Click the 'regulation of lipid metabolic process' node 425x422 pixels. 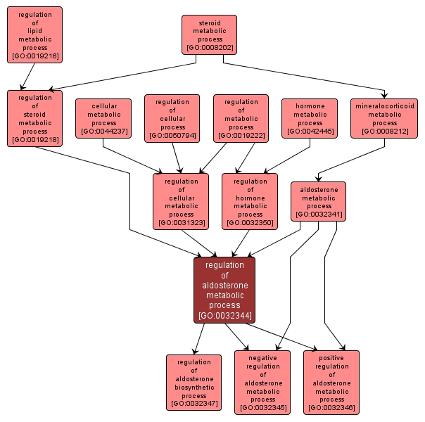[35, 34]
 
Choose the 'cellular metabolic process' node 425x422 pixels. [103, 118]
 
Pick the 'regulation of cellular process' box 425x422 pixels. [172, 117]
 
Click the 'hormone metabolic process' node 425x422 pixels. [310, 118]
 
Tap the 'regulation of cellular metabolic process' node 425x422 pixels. [181, 201]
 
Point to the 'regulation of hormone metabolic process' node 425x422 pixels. [250, 201]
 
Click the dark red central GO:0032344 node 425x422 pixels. [224, 290]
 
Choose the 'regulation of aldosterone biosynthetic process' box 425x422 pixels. [194, 382]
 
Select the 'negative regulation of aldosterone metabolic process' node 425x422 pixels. [262, 382]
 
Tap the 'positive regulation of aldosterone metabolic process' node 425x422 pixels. [331, 382]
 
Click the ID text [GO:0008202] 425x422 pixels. [209, 49]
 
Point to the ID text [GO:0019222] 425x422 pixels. [241, 136]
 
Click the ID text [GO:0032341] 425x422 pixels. [319, 214]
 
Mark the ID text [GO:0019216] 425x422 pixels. [35, 56]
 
